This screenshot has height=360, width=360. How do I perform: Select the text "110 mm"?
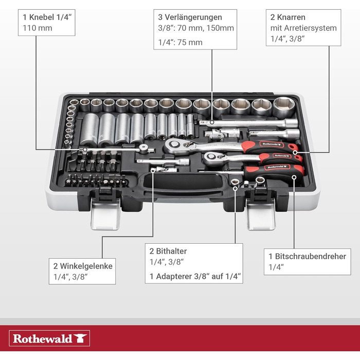pyautogui.click(x=35, y=28)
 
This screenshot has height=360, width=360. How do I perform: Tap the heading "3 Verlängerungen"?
pyautogui.click(x=190, y=17)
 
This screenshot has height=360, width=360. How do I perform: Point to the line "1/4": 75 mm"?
pyautogui.click(x=180, y=42)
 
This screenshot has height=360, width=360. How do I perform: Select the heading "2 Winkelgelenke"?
pyautogui.click(x=82, y=266)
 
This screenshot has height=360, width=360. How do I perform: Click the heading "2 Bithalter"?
pyautogui.click(x=168, y=251)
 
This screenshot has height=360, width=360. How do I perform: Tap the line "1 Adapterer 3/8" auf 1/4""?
pyautogui.click(x=195, y=277)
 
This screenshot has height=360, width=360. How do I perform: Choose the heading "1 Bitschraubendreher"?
pyautogui.click(x=308, y=256)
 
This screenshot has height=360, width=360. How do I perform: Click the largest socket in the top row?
pyautogui.click(x=283, y=106)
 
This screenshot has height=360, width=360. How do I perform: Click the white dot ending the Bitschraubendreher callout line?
pyautogui.click(x=294, y=177)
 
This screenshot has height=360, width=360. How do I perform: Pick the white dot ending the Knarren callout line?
pyautogui.click(x=295, y=152)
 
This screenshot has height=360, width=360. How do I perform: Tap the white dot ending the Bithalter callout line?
pyautogui.click(x=236, y=188)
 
